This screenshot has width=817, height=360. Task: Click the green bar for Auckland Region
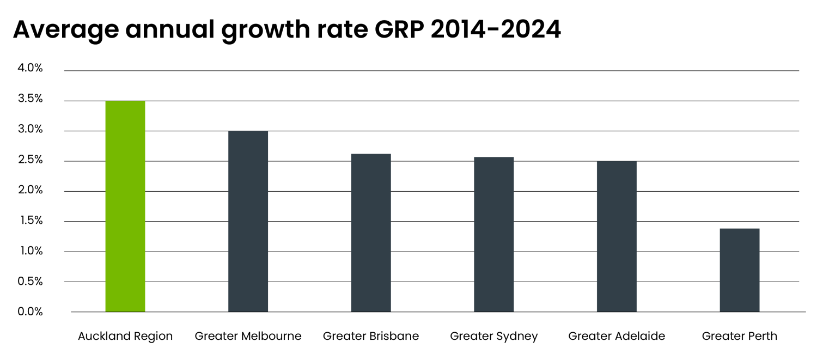125,206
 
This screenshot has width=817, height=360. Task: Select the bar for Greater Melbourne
248,221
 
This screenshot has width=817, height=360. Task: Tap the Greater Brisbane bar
371,233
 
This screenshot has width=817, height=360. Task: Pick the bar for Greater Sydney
493,234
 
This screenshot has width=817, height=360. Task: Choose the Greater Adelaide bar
617,236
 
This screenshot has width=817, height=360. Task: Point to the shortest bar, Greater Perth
739,270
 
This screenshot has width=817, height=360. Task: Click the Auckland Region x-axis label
125,336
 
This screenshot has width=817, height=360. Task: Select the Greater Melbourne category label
248,336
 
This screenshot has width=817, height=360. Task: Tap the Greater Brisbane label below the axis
371,336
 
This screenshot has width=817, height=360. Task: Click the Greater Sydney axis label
493,337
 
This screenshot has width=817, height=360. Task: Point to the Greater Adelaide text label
617,336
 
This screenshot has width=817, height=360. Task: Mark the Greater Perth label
739,336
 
